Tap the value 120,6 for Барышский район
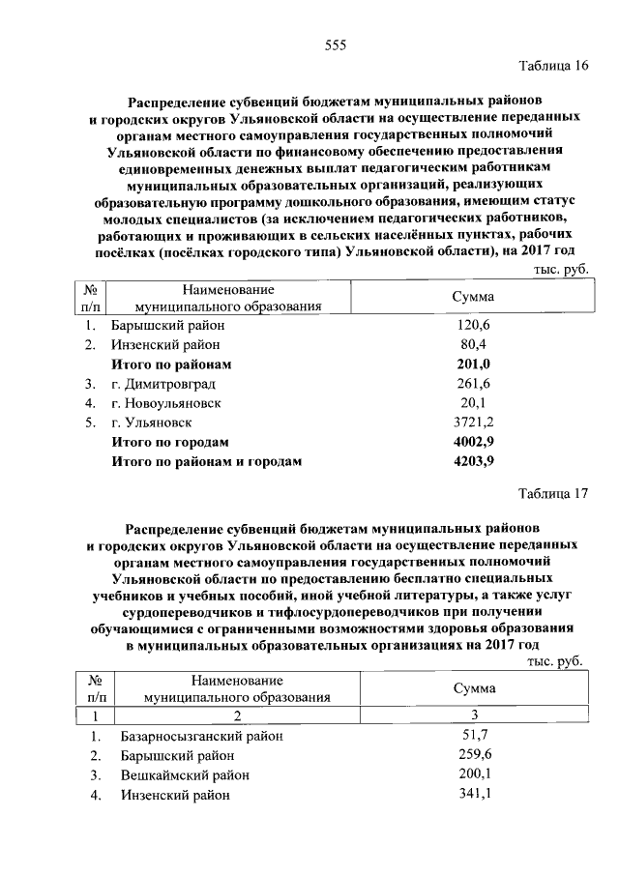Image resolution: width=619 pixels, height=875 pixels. [x=474, y=326]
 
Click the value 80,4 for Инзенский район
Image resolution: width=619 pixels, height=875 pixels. [x=474, y=345]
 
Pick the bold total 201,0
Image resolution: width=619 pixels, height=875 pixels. [x=474, y=365]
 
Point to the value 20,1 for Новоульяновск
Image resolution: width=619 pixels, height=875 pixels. [x=474, y=403]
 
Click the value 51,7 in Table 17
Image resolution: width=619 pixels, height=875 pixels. [x=474, y=736]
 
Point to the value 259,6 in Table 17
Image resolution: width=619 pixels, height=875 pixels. [x=474, y=755]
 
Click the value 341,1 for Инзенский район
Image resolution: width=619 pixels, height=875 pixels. [x=474, y=795]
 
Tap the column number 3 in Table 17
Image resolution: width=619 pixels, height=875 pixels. [x=474, y=715]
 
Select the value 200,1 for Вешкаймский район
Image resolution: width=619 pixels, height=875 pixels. [x=474, y=775]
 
